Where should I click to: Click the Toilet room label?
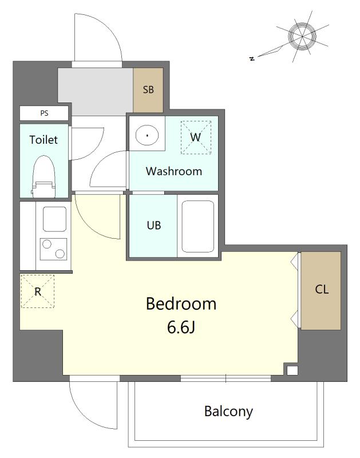coord(43,140)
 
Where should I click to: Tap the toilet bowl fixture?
coord(44,176)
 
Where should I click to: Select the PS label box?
coord(44,113)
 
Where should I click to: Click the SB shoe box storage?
coord(148,90)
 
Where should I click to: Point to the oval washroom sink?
coord(147,135)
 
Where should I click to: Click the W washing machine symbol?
coord(196,137)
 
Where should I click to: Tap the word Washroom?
coord(174,171)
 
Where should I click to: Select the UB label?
coord(154,226)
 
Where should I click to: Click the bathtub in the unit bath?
coord(197,226)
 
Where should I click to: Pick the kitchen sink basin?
coord(54,219)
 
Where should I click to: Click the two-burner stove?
coord(53,249)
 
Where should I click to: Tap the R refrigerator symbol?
coord(38,291)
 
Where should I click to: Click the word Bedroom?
coord(181,304)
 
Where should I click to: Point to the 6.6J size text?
coord(181,327)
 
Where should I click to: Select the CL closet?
coord(321,291)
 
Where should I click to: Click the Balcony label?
coord(228,412)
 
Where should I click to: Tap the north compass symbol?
coord(302,37)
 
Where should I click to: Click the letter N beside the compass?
coord(252,58)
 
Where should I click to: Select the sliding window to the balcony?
coord(226,378)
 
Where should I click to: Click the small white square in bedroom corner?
coord(292,370)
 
